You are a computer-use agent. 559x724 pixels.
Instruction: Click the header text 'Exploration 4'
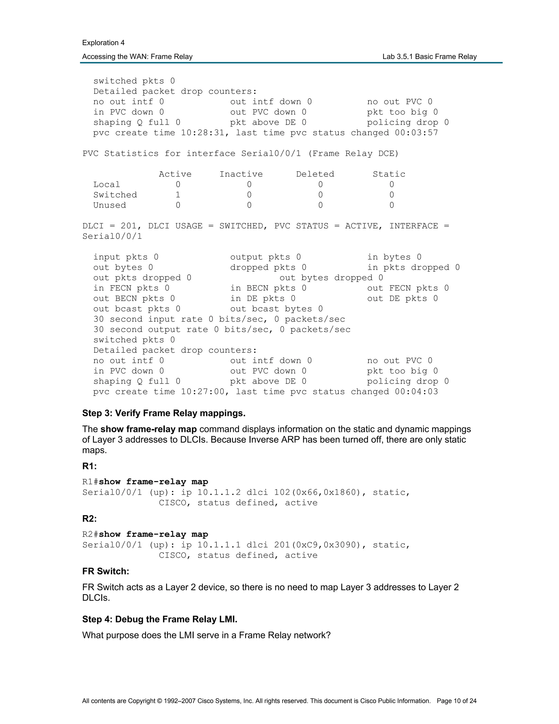103,43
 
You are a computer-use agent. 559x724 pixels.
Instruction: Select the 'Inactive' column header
241,174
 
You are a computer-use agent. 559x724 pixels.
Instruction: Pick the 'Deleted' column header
315,174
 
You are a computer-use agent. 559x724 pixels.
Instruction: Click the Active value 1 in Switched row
178,195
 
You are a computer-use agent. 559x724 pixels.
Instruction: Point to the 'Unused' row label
110,205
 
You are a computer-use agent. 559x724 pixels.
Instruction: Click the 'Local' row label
107,185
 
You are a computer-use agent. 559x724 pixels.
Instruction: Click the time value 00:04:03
416,392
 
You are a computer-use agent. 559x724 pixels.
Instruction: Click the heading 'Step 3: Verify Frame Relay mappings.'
163,413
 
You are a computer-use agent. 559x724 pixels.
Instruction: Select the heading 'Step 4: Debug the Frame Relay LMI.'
160,619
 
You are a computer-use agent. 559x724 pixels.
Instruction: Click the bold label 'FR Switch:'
106,572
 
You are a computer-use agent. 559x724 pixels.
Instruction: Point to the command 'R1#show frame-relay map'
145,482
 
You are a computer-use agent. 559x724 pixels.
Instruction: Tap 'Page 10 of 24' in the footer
456,701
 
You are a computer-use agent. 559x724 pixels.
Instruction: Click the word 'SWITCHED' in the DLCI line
241,226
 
